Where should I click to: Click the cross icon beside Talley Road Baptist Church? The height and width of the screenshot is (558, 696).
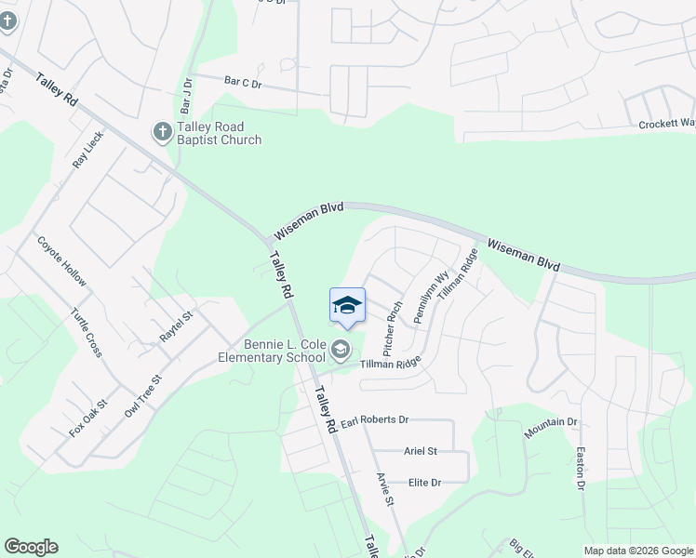pos(162,132)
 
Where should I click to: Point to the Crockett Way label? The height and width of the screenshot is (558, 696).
pos(666,124)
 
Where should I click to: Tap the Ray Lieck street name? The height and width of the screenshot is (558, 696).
pos(88,149)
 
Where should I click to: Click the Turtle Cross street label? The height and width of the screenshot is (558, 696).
pos(86,333)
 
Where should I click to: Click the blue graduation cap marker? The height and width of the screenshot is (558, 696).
pos(347,306)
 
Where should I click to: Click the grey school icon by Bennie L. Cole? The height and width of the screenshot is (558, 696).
pos(340,350)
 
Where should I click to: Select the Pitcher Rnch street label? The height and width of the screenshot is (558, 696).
pos(393,329)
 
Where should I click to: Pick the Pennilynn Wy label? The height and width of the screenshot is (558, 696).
pos(432,297)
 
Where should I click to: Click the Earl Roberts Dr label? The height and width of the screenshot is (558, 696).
pos(374,421)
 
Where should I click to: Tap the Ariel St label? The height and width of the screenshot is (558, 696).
pos(421,451)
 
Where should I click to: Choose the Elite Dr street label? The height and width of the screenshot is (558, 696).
pos(424,482)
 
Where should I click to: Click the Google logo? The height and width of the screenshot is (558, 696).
pos(31,547)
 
